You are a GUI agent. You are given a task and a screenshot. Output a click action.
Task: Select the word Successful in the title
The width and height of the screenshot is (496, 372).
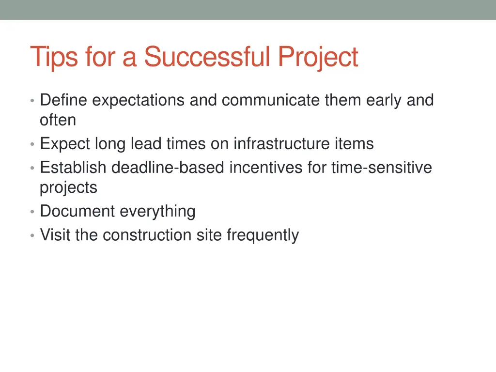point(207,57)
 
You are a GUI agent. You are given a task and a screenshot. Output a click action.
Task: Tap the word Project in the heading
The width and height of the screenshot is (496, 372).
point(318,58)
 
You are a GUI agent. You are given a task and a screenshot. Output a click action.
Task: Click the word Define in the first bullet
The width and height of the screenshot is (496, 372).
point(64,100)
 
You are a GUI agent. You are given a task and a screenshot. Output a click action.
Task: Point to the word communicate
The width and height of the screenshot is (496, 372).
point(271,100)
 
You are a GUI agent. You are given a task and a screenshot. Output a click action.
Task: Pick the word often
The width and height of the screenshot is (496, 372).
point(58,120)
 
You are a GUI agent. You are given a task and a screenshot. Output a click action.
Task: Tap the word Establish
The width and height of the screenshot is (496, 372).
point(73,168)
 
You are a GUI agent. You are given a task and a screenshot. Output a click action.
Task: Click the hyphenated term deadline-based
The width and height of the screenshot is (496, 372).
point(168,168)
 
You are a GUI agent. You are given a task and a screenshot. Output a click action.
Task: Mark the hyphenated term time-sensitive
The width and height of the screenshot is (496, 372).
point(382,168)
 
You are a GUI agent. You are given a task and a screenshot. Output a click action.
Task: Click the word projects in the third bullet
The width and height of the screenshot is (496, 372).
point(68,187)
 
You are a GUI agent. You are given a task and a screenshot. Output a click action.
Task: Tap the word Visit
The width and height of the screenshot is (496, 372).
point(55,235)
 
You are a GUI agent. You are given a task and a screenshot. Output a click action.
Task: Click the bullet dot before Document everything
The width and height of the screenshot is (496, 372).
point(32,212)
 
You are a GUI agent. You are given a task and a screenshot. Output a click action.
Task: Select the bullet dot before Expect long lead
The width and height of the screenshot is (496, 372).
point(32,145)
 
